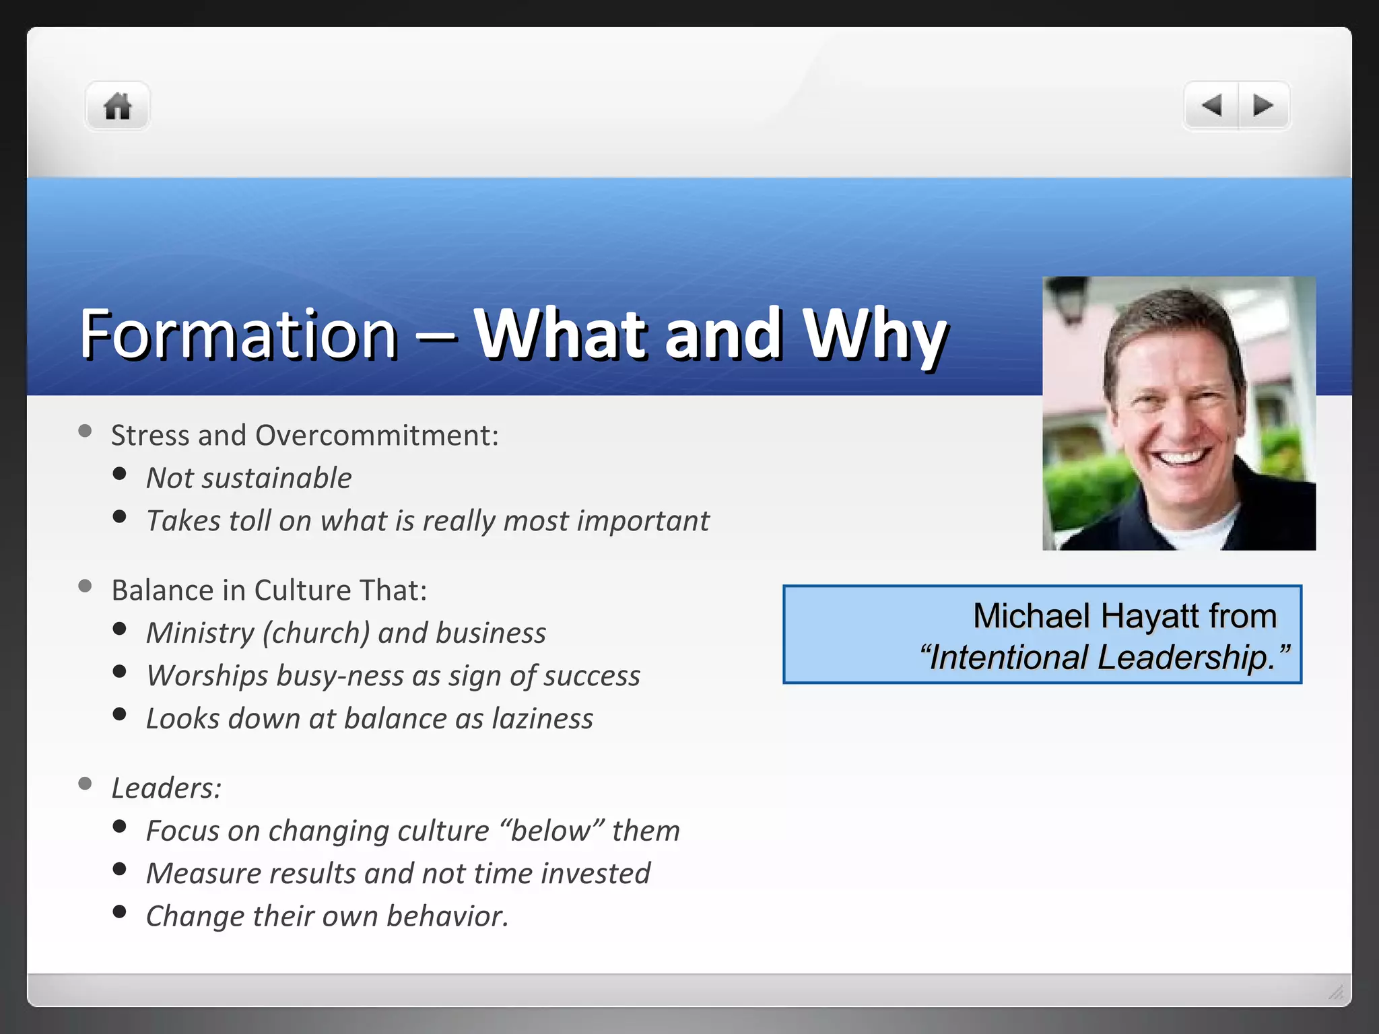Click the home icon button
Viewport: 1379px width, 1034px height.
click(x=117, y=106)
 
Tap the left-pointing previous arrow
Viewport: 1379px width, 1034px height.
click(x=1211, y=106)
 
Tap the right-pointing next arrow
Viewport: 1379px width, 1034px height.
click(x=1263, y=106)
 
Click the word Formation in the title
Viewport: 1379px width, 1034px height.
click(x=238, y=334)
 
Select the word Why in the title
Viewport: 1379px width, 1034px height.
click(x=875, y=334)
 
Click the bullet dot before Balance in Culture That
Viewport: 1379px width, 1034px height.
click(x=85, y=586)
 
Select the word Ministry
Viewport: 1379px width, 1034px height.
click(x=200, y=633)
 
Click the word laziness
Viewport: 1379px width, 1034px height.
click(x=542, y=719)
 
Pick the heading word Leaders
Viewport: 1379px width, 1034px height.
click(x=166, y=788)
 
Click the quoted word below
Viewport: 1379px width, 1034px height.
click(x=551, y=831)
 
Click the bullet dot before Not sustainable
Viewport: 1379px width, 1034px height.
click(x=120, y=474)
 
